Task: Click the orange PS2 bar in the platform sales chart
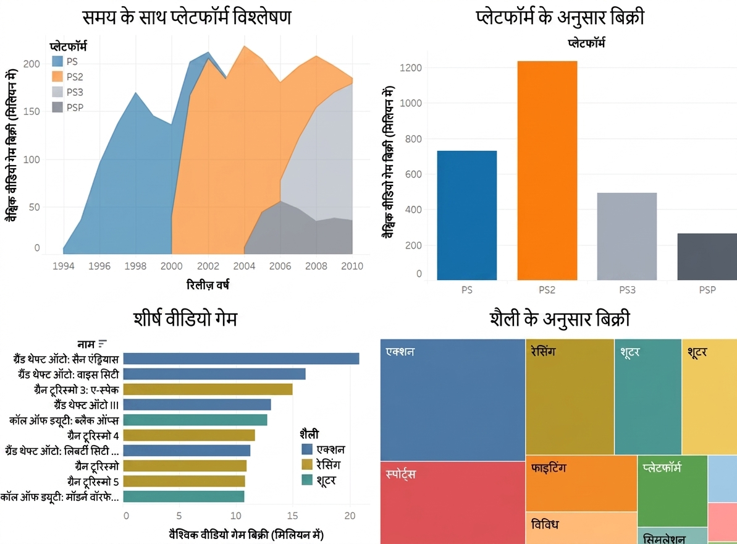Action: click(x=547, y=171)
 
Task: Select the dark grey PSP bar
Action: click(x=707, y=257)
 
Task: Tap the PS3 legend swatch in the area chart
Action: click(x=57, y=91)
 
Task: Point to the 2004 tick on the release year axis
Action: click(x=245, y=266)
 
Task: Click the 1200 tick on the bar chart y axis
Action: click(x=411, y=68)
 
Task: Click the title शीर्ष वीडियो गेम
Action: click(x=186, y=319)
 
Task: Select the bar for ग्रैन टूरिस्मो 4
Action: click(x=189, y=435)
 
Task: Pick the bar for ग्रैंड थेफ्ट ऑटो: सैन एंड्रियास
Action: click(x=241, y=359)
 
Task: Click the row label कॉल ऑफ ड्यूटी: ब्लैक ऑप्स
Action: click(x=64, y=420)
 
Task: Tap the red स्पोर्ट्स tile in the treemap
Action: click(x=453, y=503)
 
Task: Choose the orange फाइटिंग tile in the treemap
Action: click(x=581, y=483)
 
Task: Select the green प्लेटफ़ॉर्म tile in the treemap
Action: click(x=673, y=491)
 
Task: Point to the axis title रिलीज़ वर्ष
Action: click(x=208, y=284)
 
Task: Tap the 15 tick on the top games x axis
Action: click(x=292, y=516)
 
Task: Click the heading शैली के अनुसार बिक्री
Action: click(x=559, y=319)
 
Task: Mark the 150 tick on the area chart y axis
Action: click(x=32, y=111)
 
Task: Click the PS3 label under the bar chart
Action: click(x=627, y=290)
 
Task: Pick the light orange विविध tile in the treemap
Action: click(x=581, y=528)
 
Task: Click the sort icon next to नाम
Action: click(x=103, y=344)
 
